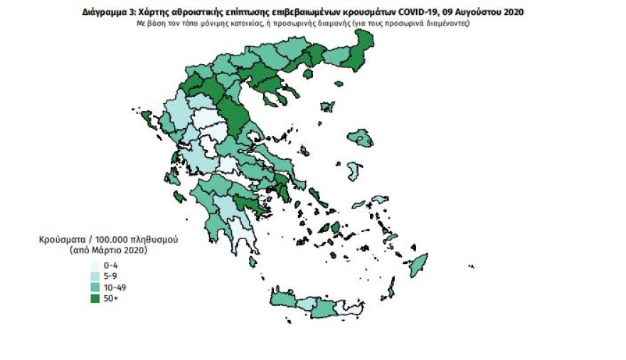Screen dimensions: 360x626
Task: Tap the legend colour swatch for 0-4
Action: [x=94, y=265]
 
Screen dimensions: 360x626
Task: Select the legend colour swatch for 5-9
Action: [x=94, y=276]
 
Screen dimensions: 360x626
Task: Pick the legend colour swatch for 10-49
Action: [x=94, y=287]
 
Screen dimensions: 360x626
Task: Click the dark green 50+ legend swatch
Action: [x=94, y=299]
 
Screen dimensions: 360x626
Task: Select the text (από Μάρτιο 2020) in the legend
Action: [x=107, y=250]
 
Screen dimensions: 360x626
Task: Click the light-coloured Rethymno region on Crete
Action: [x=306, y=305]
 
